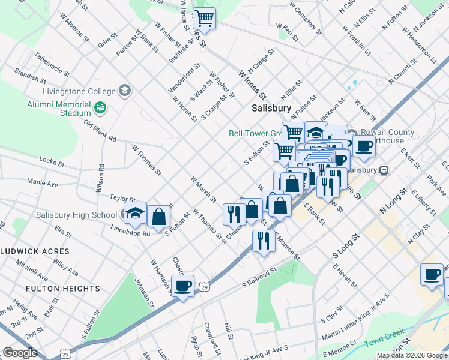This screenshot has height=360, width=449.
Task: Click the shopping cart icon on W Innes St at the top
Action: (x=205, y=19)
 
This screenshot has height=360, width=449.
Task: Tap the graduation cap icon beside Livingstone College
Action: (x=125, y=91)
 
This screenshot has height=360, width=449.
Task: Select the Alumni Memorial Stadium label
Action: (x=58, y=109)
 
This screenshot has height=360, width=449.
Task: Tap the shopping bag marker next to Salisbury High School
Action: (x=158, y=217)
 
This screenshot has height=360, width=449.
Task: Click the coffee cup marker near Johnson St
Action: (x=183, y=286)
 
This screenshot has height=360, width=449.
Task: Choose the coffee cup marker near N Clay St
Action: (x=432, y=275)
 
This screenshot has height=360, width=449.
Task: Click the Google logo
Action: (x=20, y=353)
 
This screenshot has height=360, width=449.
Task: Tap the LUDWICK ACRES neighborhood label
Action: (x=35, y=251)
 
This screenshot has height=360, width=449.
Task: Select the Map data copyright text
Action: (x=412, y=355)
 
